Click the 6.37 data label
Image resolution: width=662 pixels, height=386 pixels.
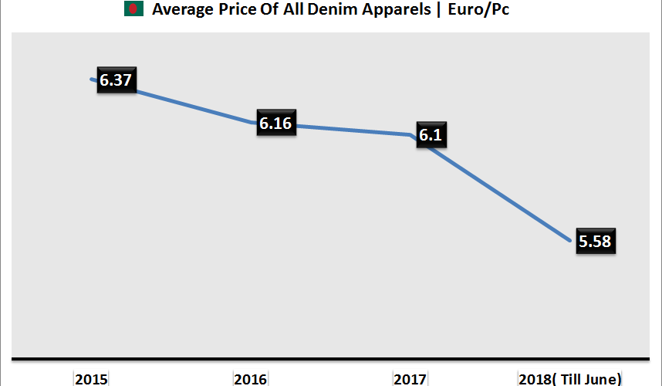[116, 80]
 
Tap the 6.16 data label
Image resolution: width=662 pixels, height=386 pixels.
[277, 124]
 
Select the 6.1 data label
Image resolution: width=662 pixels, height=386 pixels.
[432, 134]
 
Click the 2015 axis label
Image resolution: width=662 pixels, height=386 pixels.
[91, 379]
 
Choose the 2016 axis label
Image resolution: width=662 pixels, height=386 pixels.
[251, 379]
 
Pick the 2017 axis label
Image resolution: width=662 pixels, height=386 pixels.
[410, 379]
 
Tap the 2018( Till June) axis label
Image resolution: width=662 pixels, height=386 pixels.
[570, 379]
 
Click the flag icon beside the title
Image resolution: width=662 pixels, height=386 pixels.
[134, 10]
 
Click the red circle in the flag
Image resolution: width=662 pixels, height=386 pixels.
[134, 10]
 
